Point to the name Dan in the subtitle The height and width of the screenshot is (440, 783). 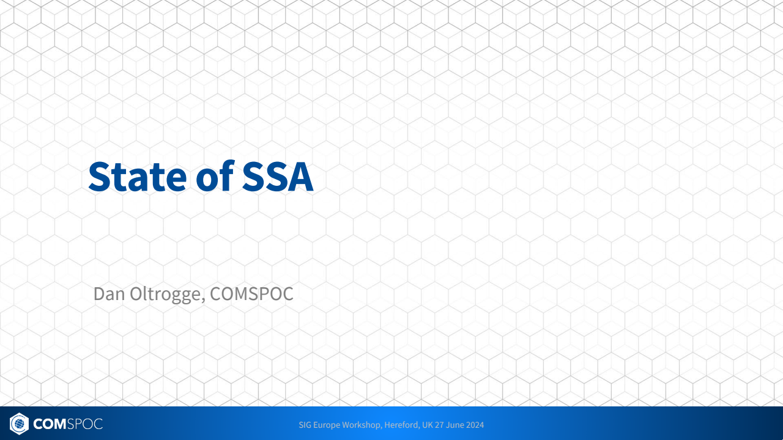109,294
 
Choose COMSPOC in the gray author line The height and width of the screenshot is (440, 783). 251,294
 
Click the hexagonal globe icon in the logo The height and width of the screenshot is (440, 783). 19,424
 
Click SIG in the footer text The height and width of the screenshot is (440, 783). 305,425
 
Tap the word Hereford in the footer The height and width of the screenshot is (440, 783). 402,425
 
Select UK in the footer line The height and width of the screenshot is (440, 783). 427,425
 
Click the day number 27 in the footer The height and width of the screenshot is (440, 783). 439,425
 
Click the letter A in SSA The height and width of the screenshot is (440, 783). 300,177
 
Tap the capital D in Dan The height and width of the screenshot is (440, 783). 99,294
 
